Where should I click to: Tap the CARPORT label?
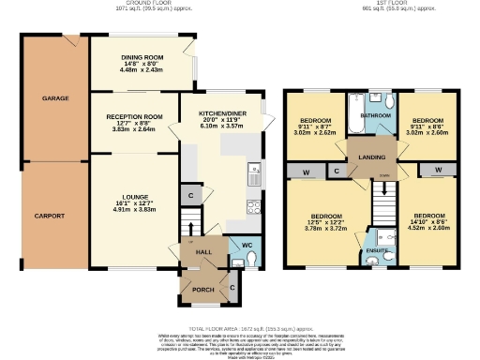tap(52, 216)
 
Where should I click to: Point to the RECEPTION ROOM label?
tap(134, 117)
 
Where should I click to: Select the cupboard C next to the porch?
tap(232, 286)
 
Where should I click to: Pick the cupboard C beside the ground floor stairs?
tap(190, 196)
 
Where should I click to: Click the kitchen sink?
tap(254, 174)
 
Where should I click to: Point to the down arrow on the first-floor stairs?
tap(382, 176)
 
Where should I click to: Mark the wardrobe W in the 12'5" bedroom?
tap(307, 171)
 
